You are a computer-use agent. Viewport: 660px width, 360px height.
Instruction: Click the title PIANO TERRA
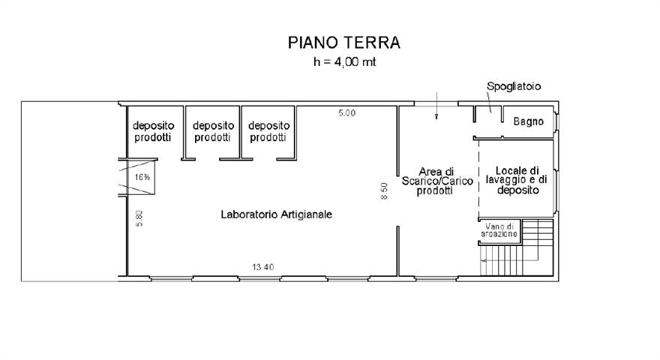[x=344, y=43]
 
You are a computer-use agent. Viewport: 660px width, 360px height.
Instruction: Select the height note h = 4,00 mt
[x=344, y=62]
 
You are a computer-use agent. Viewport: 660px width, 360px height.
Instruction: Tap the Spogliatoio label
[x=514, y=87]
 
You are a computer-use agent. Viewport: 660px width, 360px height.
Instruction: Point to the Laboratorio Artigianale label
[x=276, y=214]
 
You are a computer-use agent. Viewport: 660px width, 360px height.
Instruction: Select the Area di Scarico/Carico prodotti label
[x=437, y=181]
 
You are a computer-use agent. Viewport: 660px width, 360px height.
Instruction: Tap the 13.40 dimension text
[x=262, y=267]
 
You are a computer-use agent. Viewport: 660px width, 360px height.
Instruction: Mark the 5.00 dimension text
[x=346, y=112]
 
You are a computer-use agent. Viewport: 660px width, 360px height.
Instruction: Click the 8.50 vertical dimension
[x=384, y=192]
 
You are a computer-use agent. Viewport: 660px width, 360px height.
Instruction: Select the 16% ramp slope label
[x=142, y=178]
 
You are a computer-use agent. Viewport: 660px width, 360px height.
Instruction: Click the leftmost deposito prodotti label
[x=153, y=131]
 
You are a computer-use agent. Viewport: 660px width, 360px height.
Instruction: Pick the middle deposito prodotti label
[x=214, y=131]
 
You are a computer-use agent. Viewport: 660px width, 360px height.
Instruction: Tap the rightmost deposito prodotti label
[x=268, y=131]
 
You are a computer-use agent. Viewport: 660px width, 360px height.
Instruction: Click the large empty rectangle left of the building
[x=69, y=190]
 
